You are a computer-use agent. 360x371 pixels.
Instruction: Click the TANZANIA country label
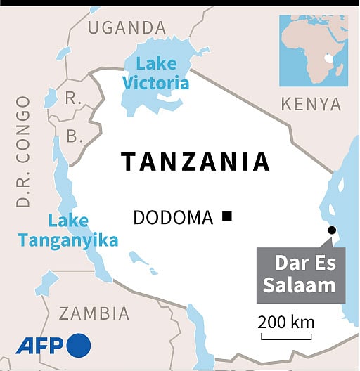(x=195, y=162)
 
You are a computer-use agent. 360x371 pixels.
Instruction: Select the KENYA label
(x=311, y=105)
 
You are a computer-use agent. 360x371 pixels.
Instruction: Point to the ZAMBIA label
(x=94, y=313)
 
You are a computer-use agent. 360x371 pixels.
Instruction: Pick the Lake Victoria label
(x=156, y=74)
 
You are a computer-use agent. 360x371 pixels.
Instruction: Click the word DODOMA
(x=173, y=218)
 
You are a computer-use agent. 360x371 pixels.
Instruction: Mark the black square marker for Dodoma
(x=226, y=217)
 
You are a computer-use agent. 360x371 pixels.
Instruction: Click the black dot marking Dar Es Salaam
(x=331, y=230)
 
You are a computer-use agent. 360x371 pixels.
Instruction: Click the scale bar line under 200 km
(x=285, y=338)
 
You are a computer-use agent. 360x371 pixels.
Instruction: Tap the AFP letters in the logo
(x=39, y=345)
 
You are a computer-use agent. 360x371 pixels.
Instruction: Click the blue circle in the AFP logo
(x=78, y=345)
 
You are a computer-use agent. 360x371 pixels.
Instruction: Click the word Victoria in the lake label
(x=156, y=83)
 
